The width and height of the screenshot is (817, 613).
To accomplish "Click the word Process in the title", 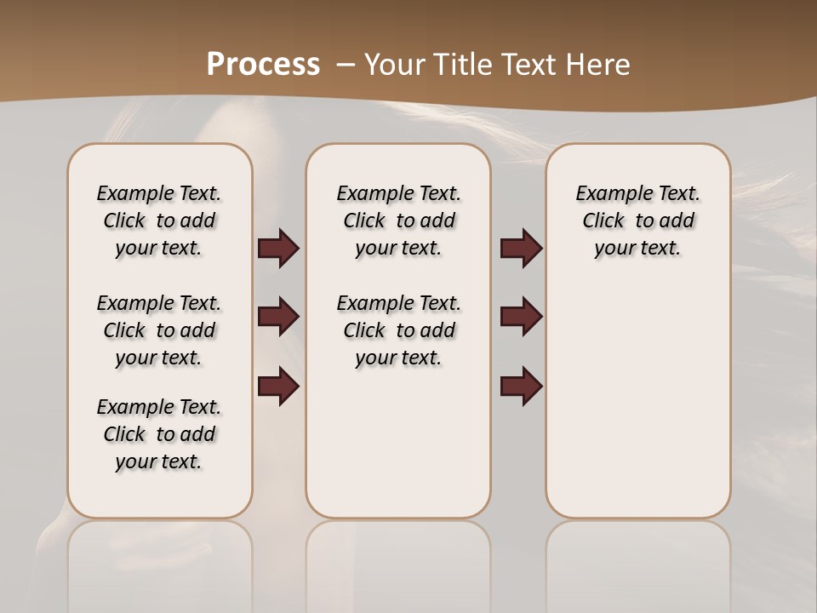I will click(x=263, y=65).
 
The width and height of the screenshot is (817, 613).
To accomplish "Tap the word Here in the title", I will click(x=598, y=65).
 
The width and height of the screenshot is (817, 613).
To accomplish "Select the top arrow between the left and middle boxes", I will click(x=278, y=249).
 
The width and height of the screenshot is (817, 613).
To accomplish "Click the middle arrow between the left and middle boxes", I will click(x=278, y=317).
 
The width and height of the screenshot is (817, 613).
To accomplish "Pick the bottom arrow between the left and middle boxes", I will click(x=278, y=387).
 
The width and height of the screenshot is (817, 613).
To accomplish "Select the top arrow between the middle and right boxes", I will click(x=521, y=249).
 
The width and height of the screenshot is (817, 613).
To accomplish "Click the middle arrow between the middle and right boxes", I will click(x=521, y=317).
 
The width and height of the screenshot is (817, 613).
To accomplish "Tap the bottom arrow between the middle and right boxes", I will click(x=521, y=387).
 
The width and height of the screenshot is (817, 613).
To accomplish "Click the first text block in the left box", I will click(x=159, y=221).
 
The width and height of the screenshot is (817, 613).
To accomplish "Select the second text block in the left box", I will click(x=159, y=330).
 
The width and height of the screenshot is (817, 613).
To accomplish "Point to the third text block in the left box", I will click(x=159, y=434).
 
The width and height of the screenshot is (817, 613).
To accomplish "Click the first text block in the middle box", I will click(x=398, y=221).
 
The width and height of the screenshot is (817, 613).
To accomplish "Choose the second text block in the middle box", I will click(x=398, y=330).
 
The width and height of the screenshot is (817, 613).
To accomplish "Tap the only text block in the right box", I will click(x=637, y=221).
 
